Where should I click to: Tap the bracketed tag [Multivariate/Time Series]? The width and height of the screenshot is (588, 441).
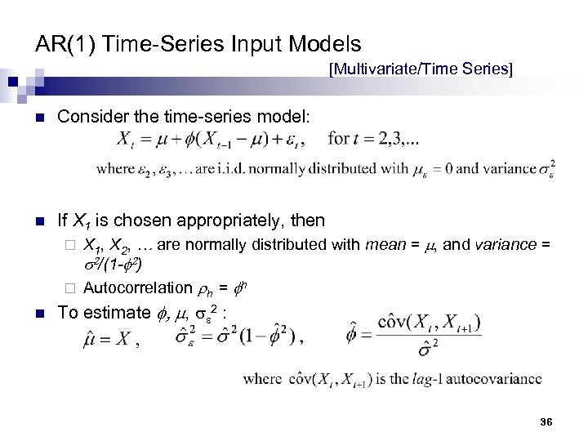[421, 70]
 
